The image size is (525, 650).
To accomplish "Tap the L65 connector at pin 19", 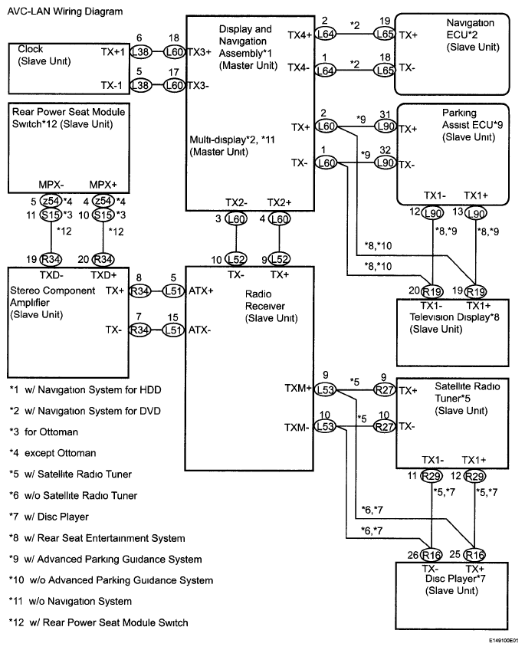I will click(384, 34).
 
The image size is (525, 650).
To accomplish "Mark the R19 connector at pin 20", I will click(435, 292).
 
